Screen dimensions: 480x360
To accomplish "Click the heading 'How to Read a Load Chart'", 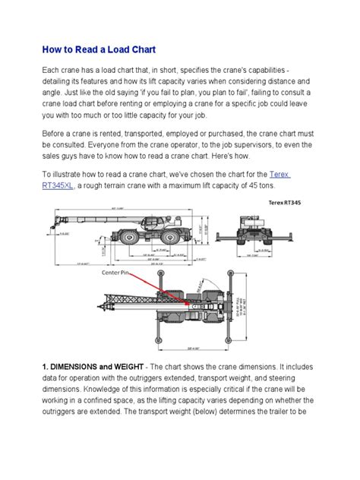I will click(x=99, y=49).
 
